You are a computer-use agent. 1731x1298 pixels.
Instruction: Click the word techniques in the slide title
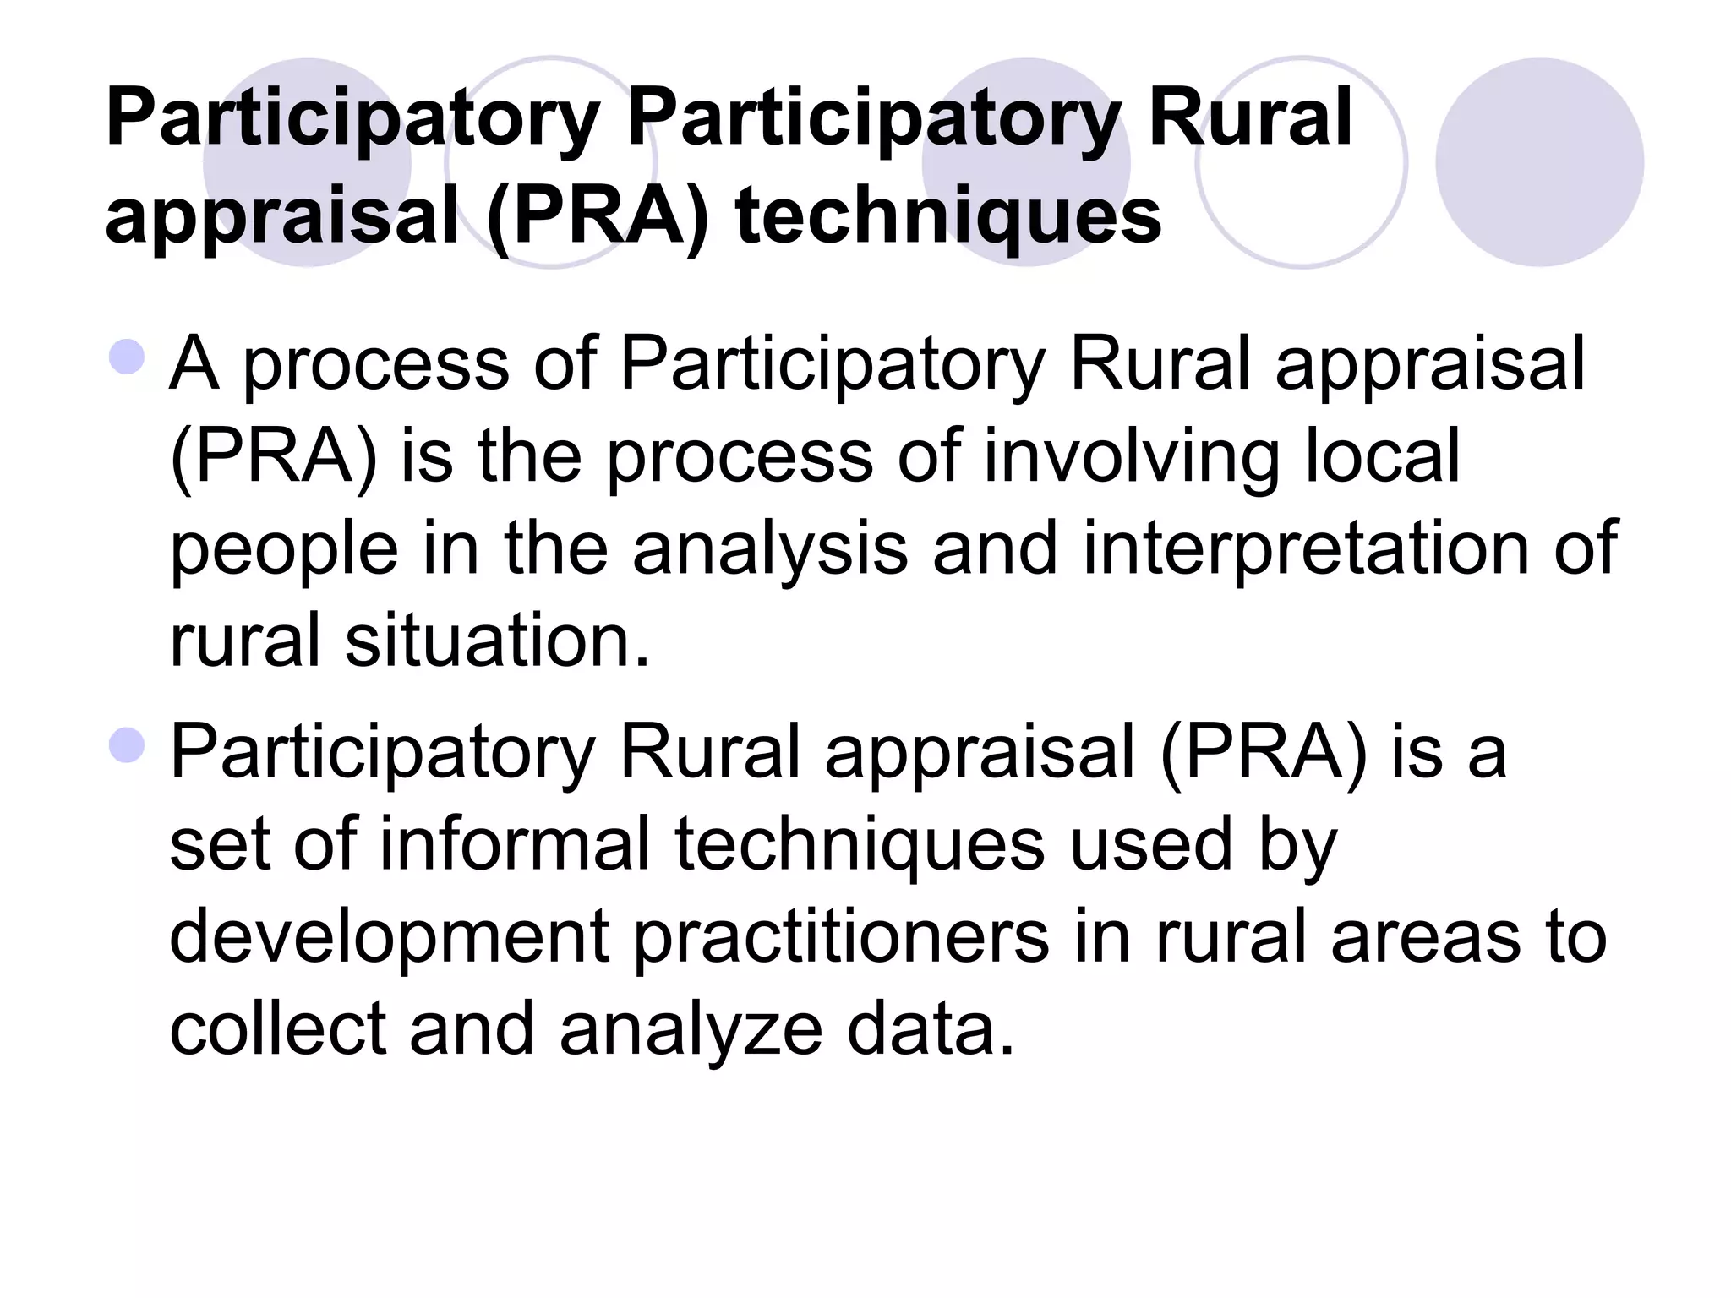pyautogui.click(x=948, y=216)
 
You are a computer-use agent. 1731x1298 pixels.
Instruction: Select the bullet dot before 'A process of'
pyautogui.click(x=127, y=357)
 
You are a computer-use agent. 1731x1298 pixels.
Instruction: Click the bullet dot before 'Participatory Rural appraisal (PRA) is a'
pyautogui.click(x=127, y=745)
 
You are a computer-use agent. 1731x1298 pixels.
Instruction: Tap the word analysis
pyautogui.click(x=770, y=549)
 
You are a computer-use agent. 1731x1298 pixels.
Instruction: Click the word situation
pyautogui.click(x=497, y=641)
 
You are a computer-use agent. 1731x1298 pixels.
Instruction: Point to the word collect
pyautogui.click(x=278, y=1029)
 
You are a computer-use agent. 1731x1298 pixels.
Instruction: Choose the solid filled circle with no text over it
pyautogui.click(x=1539, y=162)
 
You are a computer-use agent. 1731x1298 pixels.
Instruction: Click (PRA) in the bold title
pyautogui.click(x=598, y=216)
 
